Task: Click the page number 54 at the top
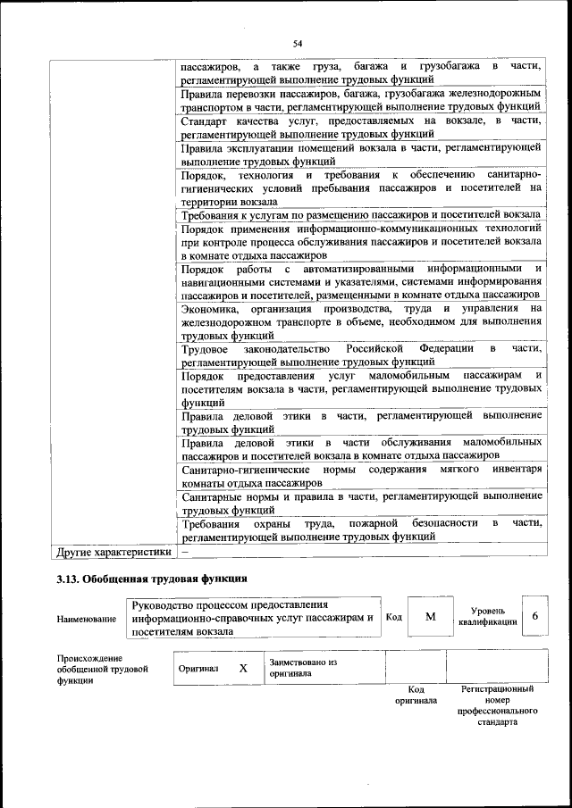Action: coord(299,42)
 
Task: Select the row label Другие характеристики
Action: coord(113,552)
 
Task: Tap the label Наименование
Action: coord(86,618)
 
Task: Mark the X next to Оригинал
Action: coord(242,668)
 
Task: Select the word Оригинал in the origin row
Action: coord(198,669)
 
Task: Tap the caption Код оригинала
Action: coord(416,696)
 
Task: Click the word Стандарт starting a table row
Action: coord(205,121)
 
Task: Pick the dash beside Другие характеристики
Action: coord(185,552)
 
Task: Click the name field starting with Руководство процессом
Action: coord(253,618)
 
